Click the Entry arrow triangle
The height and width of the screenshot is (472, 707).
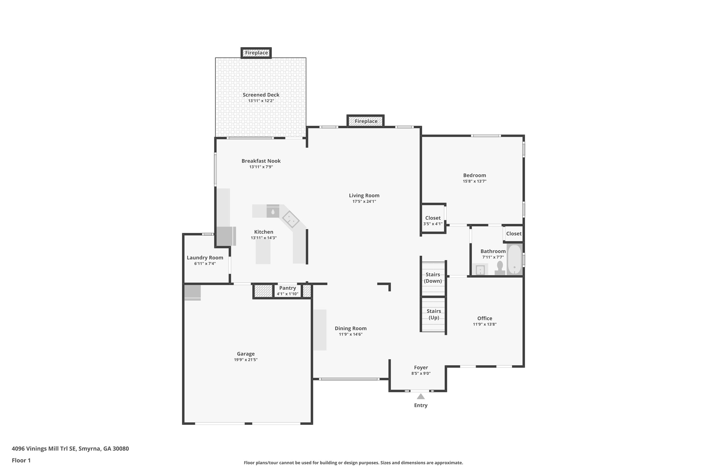pyautogui.click(x=421, y=396)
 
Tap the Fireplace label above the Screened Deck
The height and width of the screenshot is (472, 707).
pyautogui.click(x=256, y=53)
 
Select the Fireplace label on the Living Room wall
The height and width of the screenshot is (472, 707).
pyautogui.click(x=366, y=121)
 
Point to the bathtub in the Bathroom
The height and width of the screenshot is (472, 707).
pyautogui.click(x=514, y=259)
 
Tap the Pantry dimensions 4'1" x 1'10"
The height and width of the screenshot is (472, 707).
pyautogui.click(x=287, y=294)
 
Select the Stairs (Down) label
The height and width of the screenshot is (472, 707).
pyautogui.click(x=433, y=277)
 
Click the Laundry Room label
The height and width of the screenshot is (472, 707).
pyautogui.click(x=205, y=258)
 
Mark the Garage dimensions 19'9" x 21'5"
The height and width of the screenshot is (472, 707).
pyautogui.click(x=246, y=360)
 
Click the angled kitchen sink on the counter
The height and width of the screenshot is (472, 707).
pyautogui.click(x=290, y=219)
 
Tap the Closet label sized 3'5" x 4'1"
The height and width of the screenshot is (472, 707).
pyautogui.click(x=433, y=218)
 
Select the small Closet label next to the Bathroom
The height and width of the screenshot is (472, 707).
pyautogui.click(x=513, y=233)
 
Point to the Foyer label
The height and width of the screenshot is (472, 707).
pyautogui.click(x=421, y=367)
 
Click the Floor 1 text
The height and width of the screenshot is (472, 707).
pyautogui.click(x=21, y=460)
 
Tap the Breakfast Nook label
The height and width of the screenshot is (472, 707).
pyautogui.click(x=261, y=161)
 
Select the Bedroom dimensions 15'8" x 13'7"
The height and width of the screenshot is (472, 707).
pyautogui.click(x=474, y=181)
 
